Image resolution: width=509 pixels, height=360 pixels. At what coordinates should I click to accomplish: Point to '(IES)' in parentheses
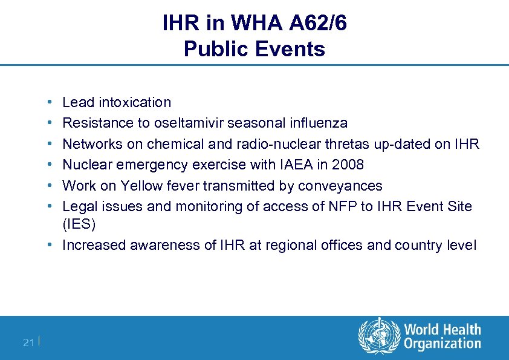tap(79, 224)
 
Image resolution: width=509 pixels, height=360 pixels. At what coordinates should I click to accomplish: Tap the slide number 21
tap(28, 343)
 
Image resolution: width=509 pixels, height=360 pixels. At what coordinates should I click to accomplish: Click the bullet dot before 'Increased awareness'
tap(54, 245)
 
